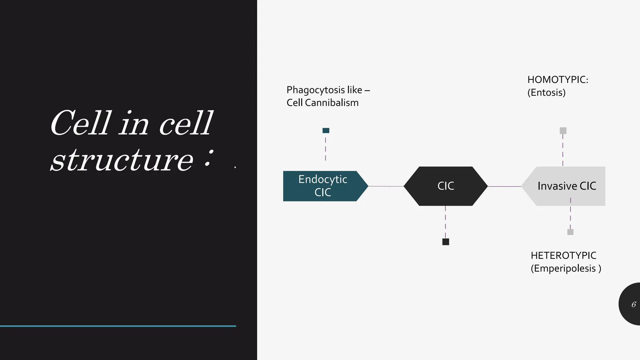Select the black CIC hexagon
click(445, 186)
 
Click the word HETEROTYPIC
click(563, 256)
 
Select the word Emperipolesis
click(564, 268)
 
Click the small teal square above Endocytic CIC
click(326, 131)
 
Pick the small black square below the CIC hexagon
click(446, 242)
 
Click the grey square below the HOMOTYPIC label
click(563, 131)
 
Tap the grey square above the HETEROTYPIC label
click(570, 232)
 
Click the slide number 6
click(633, 304)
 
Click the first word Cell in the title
click(81, 123)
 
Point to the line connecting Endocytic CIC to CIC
click(386, 186)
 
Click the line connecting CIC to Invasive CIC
click(504, 186)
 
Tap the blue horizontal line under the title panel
click(118, 326)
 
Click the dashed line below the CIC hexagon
click(445, 222)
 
